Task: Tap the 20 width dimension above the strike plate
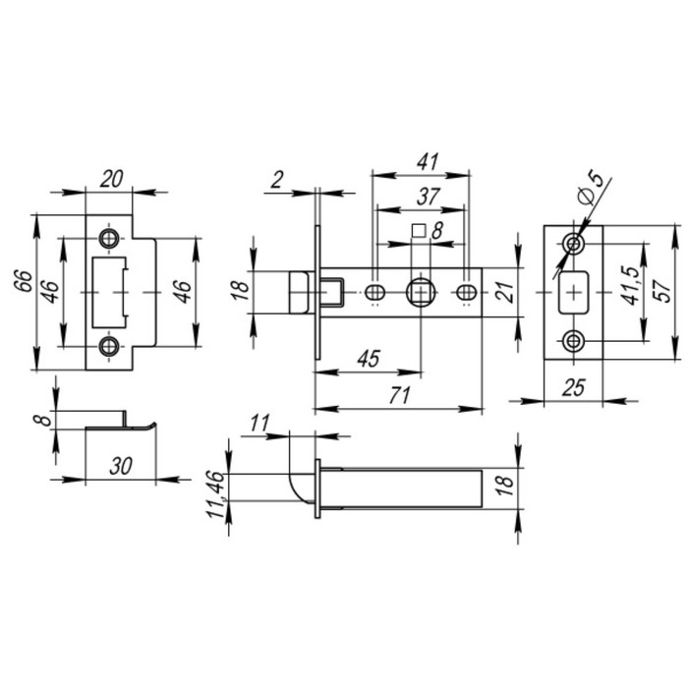click(x=111, y=179)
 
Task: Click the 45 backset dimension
click(x=366, y=359)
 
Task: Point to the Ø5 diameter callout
click(x=595, y=186)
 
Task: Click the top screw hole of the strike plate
click(x=108, y=239)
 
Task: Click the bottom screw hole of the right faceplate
click(x=573, y=342)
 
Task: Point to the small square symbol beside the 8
click(x=417, y=231)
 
